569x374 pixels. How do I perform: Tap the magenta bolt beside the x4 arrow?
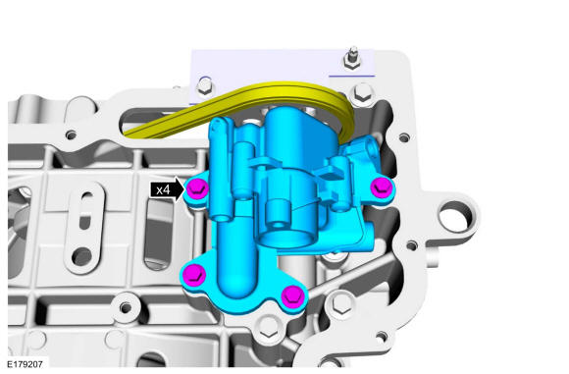point(197,189)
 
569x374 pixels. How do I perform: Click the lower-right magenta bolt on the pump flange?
point(293,295)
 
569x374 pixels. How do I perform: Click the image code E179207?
point(26,364)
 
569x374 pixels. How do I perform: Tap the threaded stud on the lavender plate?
point(351,58)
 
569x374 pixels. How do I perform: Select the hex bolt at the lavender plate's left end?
point(205,86)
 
